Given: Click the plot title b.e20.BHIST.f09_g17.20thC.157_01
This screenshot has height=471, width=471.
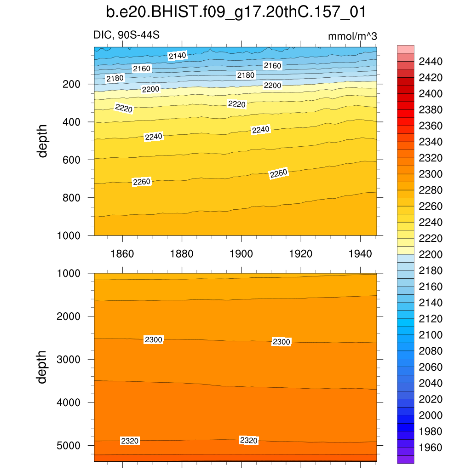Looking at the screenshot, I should [235, 12].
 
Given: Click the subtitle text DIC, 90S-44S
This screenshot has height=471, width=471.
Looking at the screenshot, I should [126, 35].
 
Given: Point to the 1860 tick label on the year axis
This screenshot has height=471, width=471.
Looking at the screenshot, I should [123, 254].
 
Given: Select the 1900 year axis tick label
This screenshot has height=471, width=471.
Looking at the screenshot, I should [241, 254].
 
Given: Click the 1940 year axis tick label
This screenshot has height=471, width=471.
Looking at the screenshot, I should [361, 254].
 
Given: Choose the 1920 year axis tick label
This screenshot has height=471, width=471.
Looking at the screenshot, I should [301, 254].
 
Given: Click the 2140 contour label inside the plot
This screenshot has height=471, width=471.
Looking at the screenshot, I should [177, 56].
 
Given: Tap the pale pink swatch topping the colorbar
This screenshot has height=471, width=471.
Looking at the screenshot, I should [406, 49].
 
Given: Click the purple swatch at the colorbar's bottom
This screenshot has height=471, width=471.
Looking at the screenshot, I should [406, 459].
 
